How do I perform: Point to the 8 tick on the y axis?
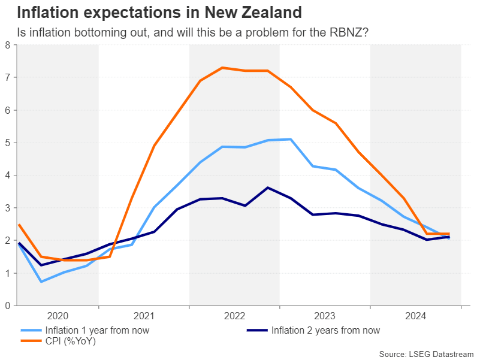point(7,45)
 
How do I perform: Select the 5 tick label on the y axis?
point(7,143)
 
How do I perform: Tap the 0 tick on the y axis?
point(7,305)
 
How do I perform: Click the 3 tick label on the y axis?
point(7,208)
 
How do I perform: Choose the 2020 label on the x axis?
point(58,316)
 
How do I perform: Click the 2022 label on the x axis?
point(234,316)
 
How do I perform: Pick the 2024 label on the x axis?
point(415,316)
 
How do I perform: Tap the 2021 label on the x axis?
point(144,316)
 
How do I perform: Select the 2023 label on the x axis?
point(325,316)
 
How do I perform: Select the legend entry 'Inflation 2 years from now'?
point(325,330)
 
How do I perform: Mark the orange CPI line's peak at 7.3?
point(222,68)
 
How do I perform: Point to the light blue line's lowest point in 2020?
point(41,282)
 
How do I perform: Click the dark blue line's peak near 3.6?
point(267,187)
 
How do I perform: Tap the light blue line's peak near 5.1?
point(290,139)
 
